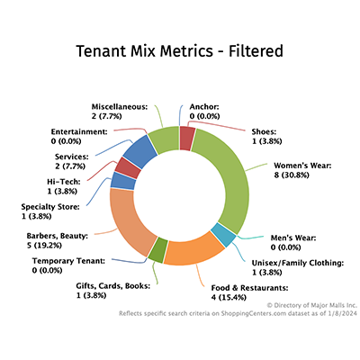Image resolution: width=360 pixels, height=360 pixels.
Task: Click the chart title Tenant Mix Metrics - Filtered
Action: pyautogui.click(x=180, y=50)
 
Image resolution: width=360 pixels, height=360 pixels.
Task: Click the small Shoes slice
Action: pyautogui.click(x=187, y=138)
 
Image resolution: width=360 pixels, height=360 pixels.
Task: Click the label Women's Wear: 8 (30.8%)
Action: pyautogui.click(x=301, y=173)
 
